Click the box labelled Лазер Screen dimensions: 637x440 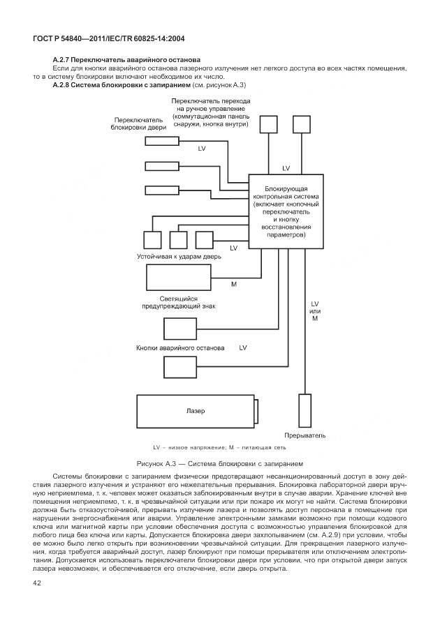pos(196,412)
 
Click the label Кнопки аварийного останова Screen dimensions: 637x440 pos(180,347)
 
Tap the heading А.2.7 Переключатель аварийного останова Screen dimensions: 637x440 pos(126,60)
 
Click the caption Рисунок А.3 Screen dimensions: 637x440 pos(220,463)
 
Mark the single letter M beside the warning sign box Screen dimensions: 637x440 pos(233,284)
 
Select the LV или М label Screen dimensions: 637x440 pos(314,311)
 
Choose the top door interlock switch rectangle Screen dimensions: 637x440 pos(161,141)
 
